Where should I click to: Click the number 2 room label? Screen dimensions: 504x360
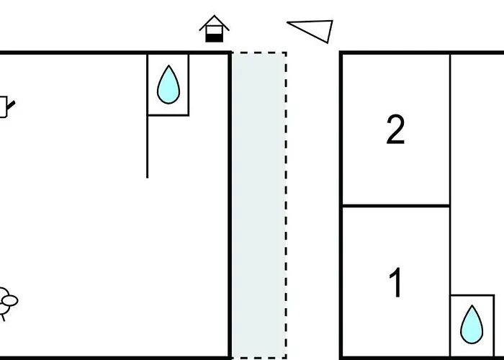395,130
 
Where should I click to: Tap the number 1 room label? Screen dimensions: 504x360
396,282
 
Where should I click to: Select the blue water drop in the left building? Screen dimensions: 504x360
168,84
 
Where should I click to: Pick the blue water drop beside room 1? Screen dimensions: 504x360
472,325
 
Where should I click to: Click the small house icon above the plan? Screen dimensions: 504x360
215,29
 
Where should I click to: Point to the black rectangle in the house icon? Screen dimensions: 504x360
215,38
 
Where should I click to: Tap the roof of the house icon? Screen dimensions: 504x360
215,22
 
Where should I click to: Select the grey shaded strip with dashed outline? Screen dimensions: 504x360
258,205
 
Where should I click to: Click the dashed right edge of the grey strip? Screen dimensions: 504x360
286,205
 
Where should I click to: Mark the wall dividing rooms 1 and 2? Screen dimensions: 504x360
396,205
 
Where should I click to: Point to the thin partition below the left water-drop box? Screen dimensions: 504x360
148,147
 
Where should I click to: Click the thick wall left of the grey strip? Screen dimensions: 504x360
230,205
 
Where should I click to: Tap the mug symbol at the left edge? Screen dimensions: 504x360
4,107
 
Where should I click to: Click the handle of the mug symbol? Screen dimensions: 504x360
11,105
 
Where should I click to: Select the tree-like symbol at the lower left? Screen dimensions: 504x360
7,303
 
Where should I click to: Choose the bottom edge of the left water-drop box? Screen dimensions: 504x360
168,114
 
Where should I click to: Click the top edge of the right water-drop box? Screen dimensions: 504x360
472,295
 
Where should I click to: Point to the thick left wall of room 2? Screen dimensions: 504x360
341,129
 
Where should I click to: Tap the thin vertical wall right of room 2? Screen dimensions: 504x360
450,129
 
